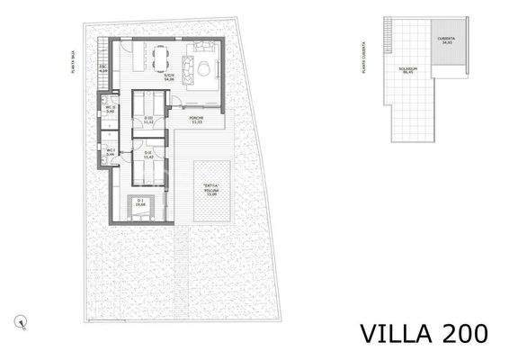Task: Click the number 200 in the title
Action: pos(464,332)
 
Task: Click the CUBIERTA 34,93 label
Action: pos(446,41)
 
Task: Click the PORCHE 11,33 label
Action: pos(196,121)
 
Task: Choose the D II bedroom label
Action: pos(148,155)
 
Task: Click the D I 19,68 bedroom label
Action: pos(139,203)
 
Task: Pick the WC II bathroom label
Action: pos(111,110)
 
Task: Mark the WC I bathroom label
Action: pos(111,153)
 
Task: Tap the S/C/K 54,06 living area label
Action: pos(167,77)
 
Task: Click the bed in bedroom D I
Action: pos(139,208)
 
